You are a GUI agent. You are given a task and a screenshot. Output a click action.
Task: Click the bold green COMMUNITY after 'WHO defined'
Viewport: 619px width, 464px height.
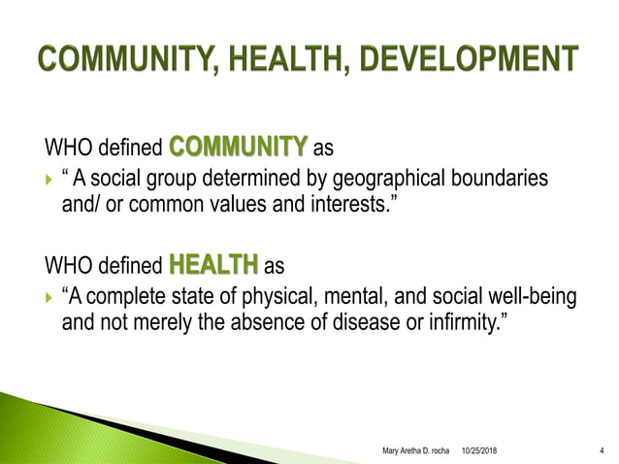pos(238,148)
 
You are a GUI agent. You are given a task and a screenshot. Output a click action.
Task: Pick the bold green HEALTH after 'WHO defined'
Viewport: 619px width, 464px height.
pos(213,263)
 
